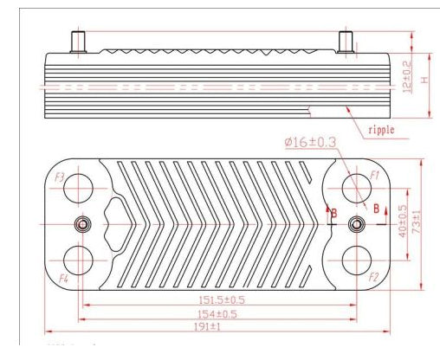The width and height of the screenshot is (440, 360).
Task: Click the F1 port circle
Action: tap(355, 186)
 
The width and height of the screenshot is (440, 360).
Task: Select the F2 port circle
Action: tap(355, 260)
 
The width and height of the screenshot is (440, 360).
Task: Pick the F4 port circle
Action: tap(80, 260)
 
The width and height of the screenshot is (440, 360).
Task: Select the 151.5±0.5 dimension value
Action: tap(220, 299)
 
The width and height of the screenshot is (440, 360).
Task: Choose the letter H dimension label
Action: tap(424, 80)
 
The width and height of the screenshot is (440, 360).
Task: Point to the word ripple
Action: tap(381, 130)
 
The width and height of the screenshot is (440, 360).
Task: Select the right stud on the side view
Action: tap(345, 41)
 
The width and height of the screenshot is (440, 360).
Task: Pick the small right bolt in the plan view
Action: tap(354, 224)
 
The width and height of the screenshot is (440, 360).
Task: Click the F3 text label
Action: tap(60, 176)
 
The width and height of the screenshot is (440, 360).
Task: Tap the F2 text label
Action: tap(373, 277)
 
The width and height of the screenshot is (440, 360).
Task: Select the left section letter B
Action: tap(330, 210)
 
